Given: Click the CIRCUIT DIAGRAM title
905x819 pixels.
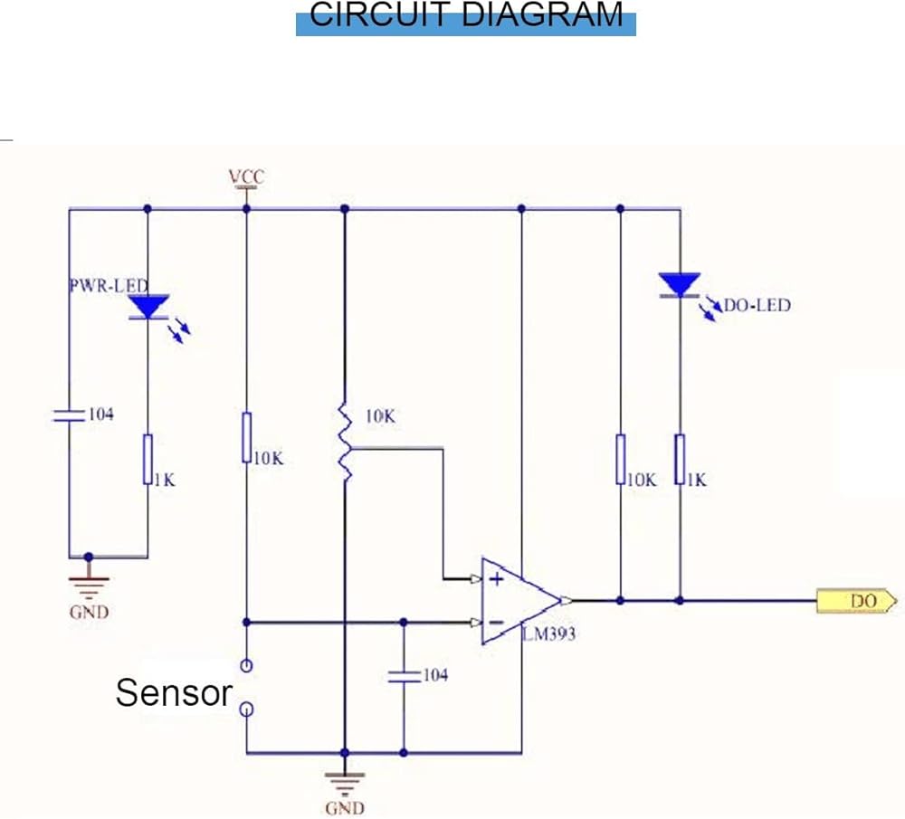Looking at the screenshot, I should (x=466, y=15).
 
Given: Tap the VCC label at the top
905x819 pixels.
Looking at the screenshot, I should (x=246, y=176).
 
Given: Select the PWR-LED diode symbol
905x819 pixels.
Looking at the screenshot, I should (x=148, y=307).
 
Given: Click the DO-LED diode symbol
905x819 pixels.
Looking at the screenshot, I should (x=680, y=286).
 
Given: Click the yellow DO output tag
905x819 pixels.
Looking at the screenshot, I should (x=856, y=600).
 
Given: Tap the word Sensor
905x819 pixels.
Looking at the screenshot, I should (x=174, y=693).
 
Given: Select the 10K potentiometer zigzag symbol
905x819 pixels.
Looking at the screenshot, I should (x=345, y=444).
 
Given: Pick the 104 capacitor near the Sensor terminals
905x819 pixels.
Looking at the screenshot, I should (x=404, y=674).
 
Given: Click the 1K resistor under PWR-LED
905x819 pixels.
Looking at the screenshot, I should (x=148, y=458).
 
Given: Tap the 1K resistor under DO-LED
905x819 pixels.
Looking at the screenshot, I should (x=680, y=458).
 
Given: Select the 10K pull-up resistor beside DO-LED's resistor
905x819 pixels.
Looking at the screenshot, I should (x=621, y=458).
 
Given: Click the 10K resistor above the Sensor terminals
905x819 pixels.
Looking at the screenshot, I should (x=246, y=438).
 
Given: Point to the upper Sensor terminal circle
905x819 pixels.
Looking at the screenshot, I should (x=246, y=666).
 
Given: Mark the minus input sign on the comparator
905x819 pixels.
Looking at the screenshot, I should (x=496, y=623).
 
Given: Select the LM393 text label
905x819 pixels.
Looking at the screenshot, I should (x=548, y=634).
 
